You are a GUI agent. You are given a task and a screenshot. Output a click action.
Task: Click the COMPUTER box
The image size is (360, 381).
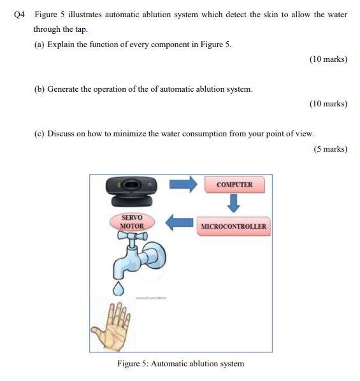click(234, 185)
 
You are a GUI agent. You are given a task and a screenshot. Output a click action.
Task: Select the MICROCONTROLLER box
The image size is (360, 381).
click(234, 226)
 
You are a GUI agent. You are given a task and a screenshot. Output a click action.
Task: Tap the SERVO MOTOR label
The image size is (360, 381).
click(133, 221)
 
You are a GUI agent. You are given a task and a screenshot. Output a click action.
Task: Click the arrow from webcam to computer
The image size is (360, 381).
click(184, 184)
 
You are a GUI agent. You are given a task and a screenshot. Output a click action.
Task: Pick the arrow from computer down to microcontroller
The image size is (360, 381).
click(234, 205)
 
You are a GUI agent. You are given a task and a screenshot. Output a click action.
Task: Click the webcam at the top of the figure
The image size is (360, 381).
click(131, 189)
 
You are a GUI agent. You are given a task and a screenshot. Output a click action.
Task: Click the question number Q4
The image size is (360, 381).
click(18, 15)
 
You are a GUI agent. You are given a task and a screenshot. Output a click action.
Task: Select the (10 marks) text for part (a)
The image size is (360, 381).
click(328, 59)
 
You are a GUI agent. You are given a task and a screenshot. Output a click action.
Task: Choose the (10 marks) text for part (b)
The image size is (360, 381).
click(328, 103)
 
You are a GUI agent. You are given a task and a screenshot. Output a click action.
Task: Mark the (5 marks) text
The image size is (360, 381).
click(330, 149)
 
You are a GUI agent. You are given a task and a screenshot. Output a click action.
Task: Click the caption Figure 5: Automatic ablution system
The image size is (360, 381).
click(180, 364)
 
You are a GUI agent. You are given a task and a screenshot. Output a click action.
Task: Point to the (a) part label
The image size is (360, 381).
click(39, 46)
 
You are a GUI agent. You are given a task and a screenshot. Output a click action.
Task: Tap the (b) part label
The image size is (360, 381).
click(39, 89)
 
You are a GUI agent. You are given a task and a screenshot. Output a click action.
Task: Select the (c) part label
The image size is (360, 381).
click(39, 134)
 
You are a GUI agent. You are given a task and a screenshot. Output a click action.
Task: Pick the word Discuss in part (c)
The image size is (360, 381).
click(61, 134)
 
